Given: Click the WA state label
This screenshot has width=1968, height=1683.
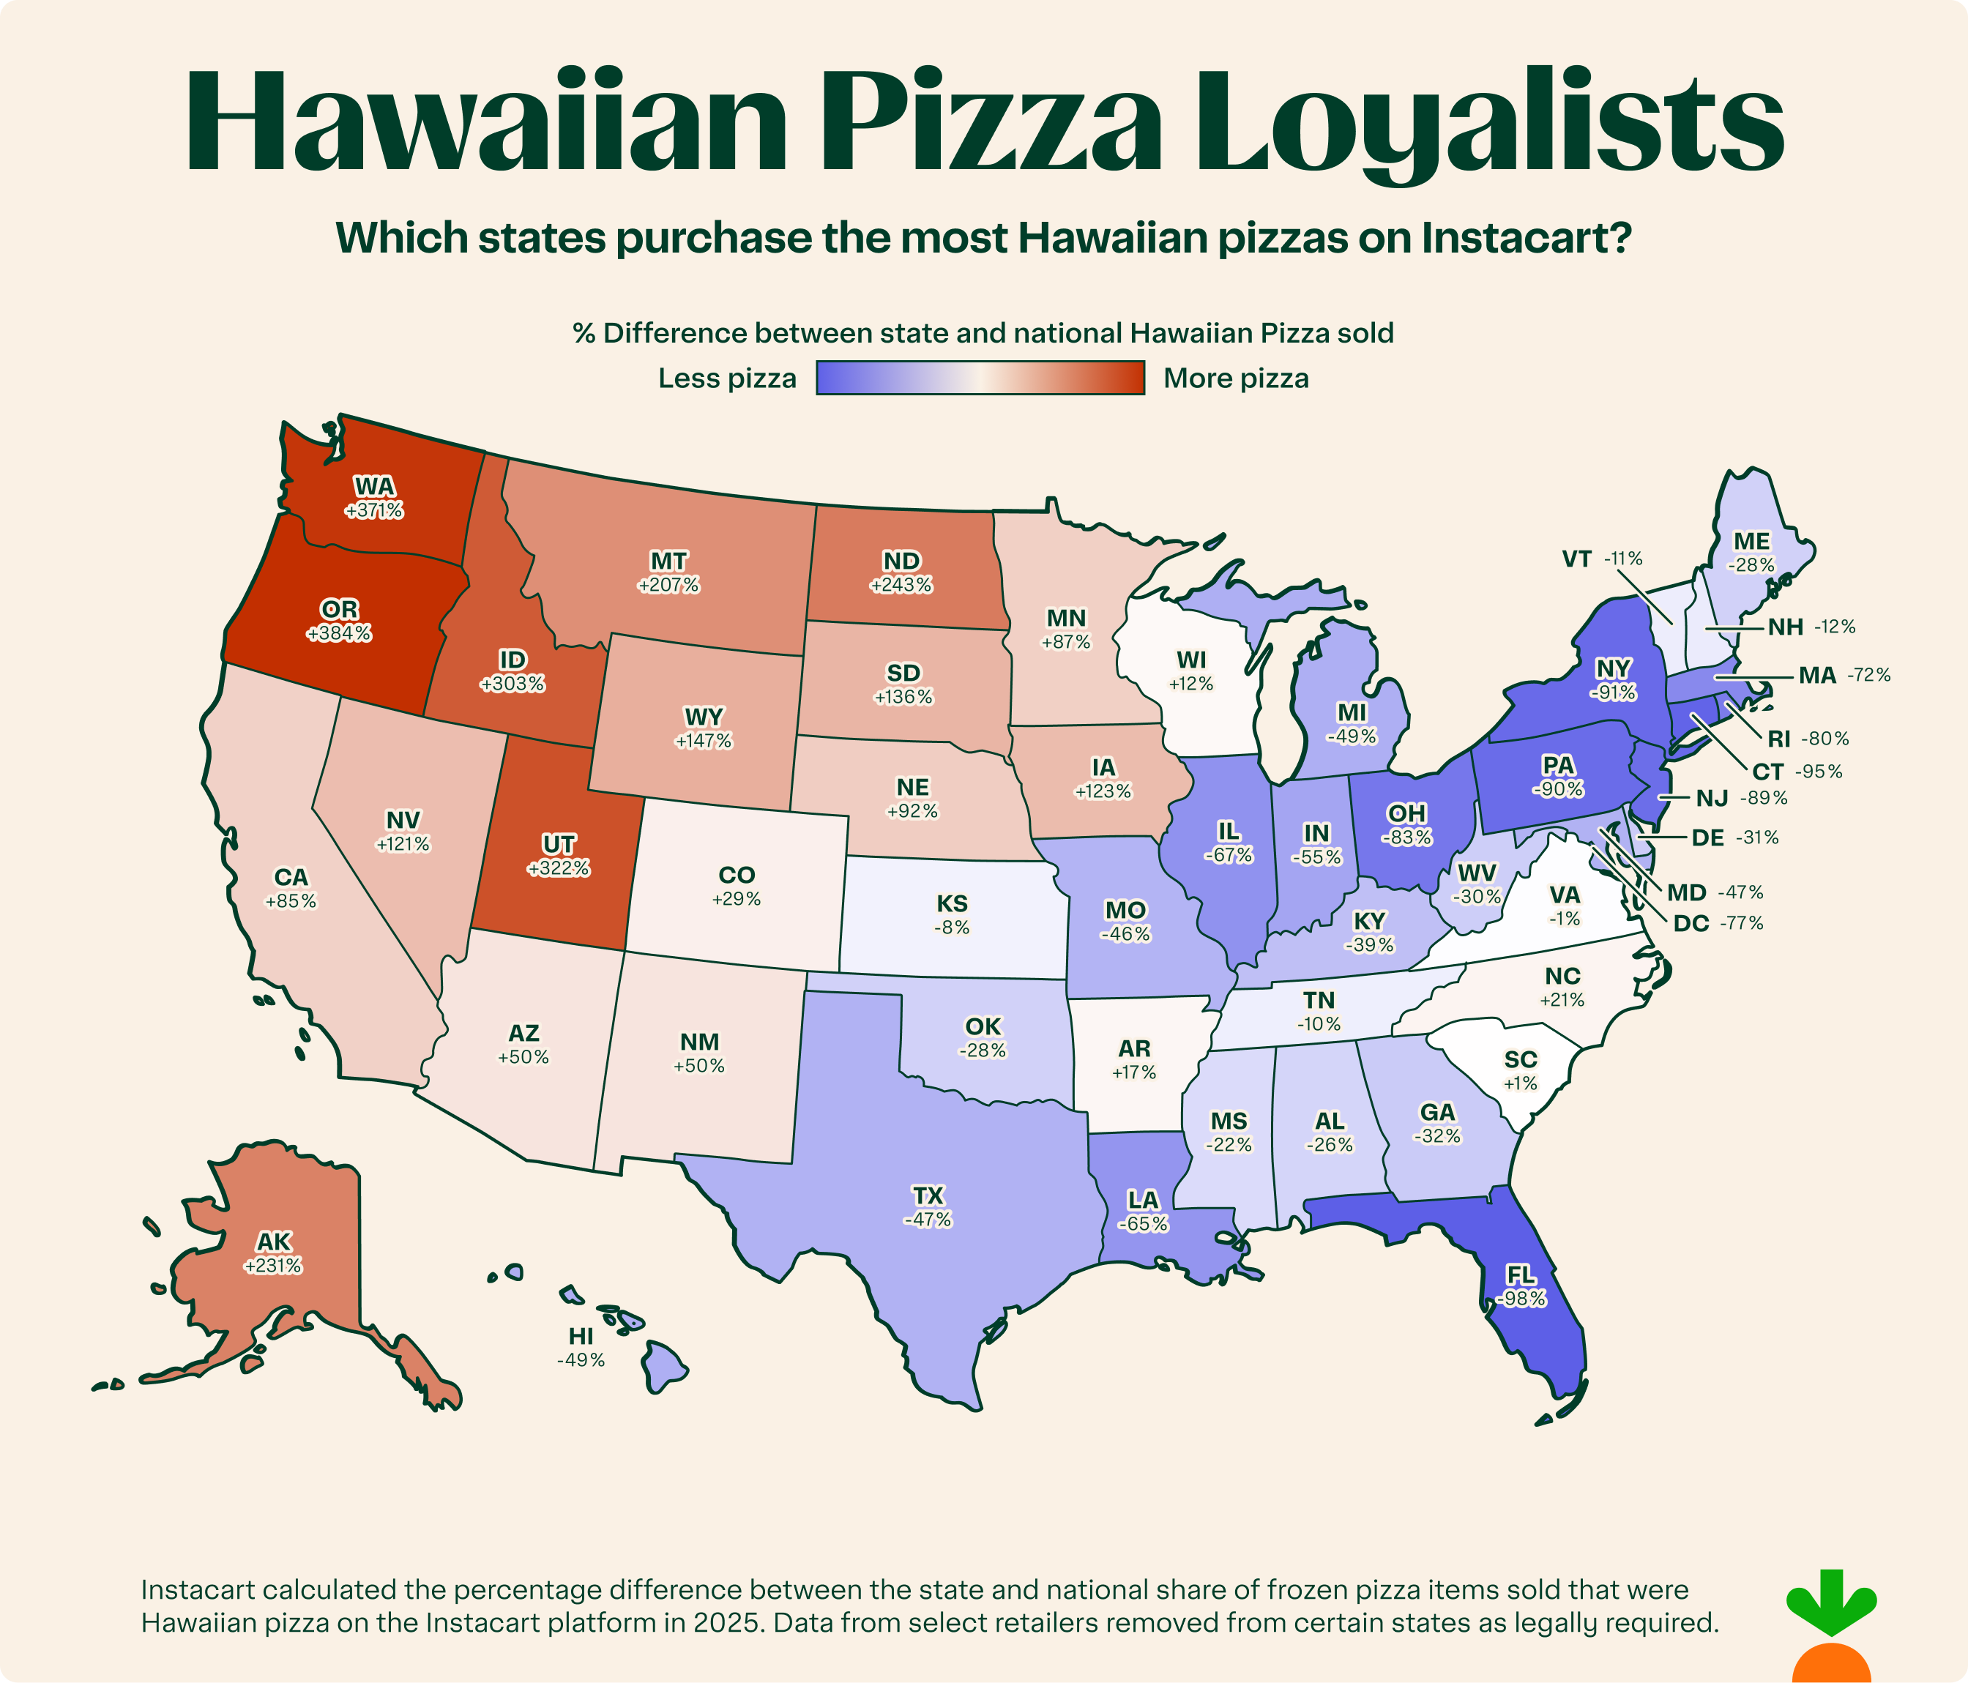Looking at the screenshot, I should [374, 486].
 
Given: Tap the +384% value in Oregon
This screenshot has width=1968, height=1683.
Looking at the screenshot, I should [339, 633].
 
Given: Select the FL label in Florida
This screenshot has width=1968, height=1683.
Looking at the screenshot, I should [1521, 1275].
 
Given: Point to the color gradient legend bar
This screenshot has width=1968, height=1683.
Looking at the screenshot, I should [980, 378].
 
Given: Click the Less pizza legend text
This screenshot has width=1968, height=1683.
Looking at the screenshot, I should [726, 379].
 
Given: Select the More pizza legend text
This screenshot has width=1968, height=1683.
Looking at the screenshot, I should [1236, 379].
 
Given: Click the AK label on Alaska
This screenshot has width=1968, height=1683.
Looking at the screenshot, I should [274, 1242].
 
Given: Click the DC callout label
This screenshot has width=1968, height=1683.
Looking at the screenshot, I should [1691, 922].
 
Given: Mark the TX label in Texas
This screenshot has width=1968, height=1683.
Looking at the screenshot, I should [928, 1195].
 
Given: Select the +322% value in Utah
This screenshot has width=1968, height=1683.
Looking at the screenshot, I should [559, 868].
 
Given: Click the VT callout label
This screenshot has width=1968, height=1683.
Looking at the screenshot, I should [1577, 559].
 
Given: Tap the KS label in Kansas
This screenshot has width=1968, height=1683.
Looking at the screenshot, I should [952, 903].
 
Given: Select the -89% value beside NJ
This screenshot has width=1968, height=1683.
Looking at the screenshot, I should [1763, 799].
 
